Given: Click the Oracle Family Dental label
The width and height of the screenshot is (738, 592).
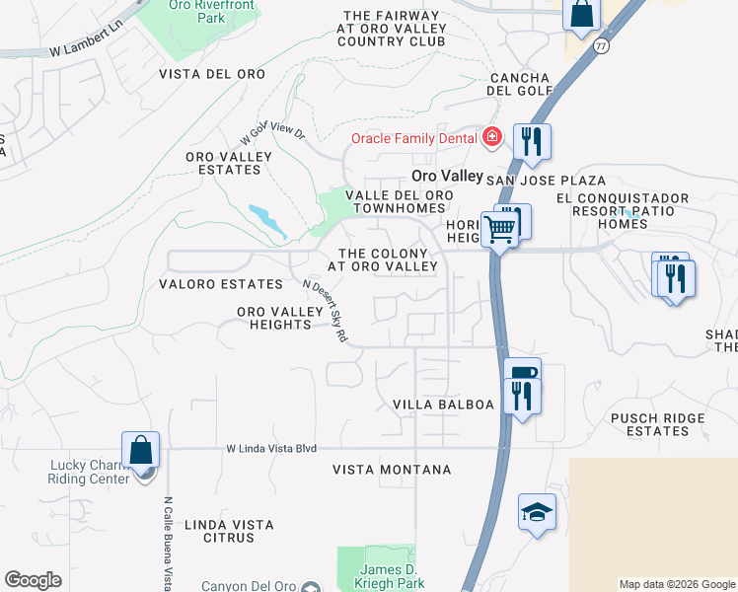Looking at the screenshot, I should click(414, 138).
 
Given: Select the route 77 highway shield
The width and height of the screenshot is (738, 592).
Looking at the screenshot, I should click(601, 46).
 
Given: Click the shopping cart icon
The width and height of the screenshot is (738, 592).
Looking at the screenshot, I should click(500, 229).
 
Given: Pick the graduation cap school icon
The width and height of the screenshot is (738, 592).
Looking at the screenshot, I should click(537, 512).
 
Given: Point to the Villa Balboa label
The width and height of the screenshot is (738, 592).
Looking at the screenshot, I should click(443, 405).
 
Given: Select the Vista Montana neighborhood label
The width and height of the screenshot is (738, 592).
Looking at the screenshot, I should click(392, 470).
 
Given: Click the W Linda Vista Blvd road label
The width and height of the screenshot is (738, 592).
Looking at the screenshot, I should click(271, 448).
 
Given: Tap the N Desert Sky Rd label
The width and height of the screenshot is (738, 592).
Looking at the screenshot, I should click(327, 310).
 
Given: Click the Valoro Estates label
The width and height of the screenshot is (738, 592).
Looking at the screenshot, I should click(221, 284).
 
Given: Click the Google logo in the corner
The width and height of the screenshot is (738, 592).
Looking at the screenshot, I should click(33, 580).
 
